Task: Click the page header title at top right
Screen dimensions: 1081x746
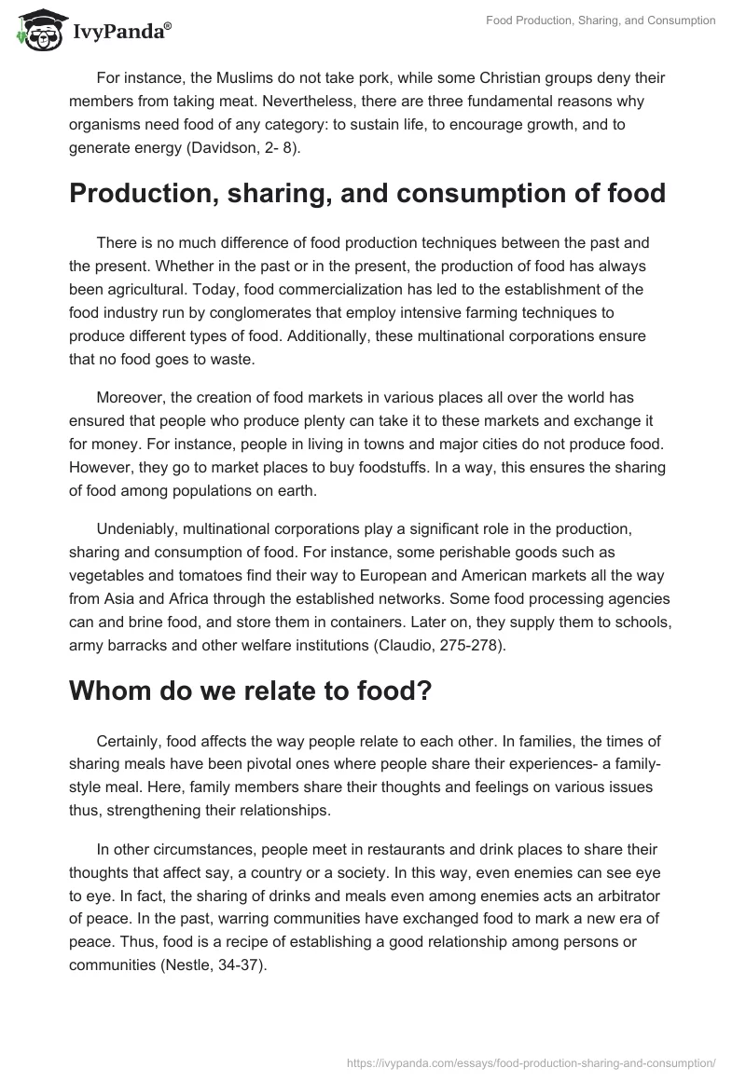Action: tap(601, 21)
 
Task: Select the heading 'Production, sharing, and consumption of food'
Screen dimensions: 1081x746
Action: tap(366, 193)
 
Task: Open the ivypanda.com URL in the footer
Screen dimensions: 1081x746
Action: tap(530, 1061)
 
